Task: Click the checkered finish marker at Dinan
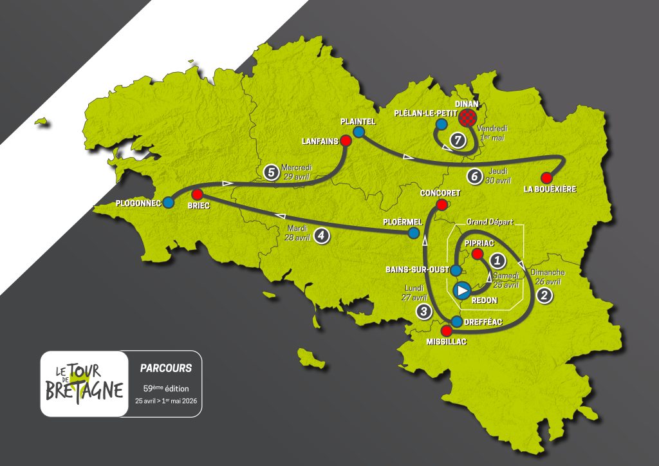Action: point(468,117)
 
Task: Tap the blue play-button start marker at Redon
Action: point(462,291)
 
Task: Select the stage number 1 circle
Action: point(497,261)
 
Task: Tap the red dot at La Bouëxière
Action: point(547,177)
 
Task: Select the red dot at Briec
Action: point(198,194)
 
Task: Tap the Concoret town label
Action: point(441,193)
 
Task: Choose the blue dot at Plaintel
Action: point(358,132)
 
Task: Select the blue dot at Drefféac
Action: point(457,321)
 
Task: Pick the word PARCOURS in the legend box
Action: point(166,368)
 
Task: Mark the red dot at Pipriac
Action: point(477,254)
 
